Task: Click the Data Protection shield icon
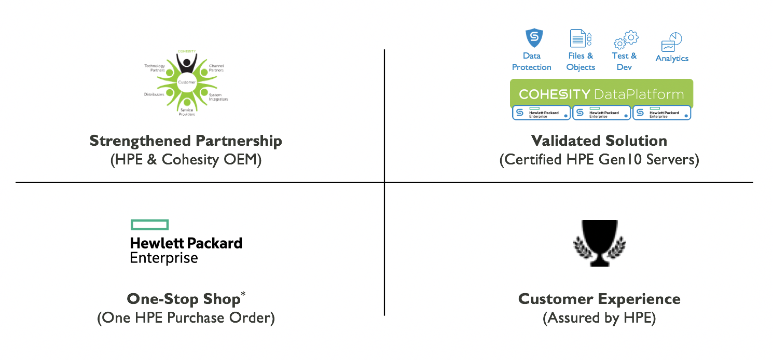pyautogui.click(x=534, y=38)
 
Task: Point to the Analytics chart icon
pyautogui.click(x=671, y=41)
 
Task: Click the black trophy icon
pyautogui.click(x=599, y=243)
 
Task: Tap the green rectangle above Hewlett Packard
pyautogui.click(x=149, y=225)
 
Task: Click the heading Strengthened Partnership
pyautogui.click(x=186, y=141)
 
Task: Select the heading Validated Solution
pyautogui.click(x=599, y=141)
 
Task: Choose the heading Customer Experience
pyautogui.click(x=599, y=299)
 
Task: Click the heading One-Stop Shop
pyautogui.click(x=184, y=299)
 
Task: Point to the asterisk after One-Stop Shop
pyautogui.click(x=243, y=295)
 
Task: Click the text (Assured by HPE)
pyautogui.click(x=599, y=317)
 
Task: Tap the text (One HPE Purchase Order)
pyautogui.click(x=186, y=317)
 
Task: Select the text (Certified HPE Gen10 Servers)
pyautogui.click(x=599, y=159)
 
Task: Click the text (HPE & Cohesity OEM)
pyautogui.click(x=186, y=159)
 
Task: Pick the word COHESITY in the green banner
pyautogui.click(x=555, y=94)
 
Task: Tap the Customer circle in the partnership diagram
pyautogui.click(x=186, y=82)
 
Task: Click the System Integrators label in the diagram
pyautogui.click(x=218, y=97)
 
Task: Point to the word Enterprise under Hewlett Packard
pyautogui.click(x=164, y=258)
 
